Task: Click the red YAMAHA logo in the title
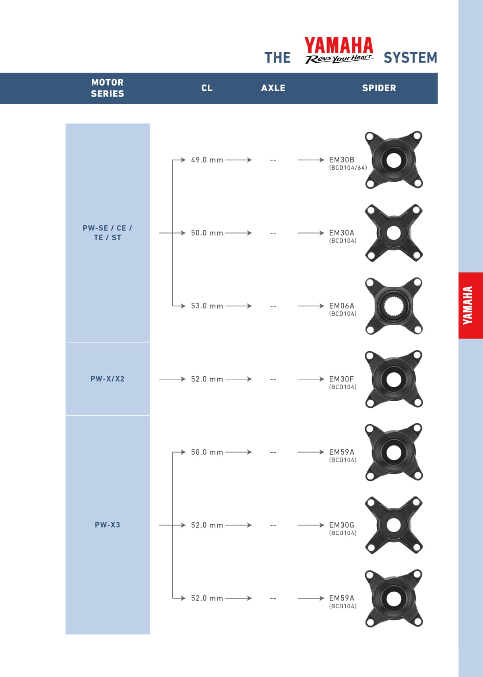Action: (x=339, y=45)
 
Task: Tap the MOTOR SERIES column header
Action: (x=107, y=88)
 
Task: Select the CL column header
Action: (x=207, y=88)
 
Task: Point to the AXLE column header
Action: (x=273, y=88)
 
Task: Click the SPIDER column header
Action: (x=379, y=88)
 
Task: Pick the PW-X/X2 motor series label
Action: (x=107, y=379)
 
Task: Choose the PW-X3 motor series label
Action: (x=107, y=525)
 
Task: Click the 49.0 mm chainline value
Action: (x=207, y=160)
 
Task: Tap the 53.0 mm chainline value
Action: (x=207, y=306)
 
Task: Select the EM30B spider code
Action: (x=342, y=160)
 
